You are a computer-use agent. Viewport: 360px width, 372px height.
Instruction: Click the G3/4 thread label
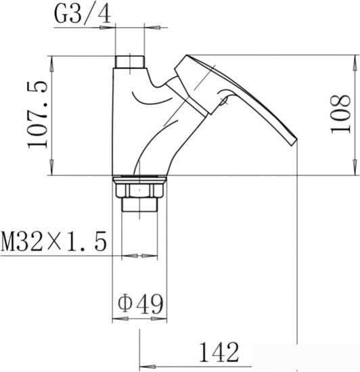pyautogui.click(x=83, y=14)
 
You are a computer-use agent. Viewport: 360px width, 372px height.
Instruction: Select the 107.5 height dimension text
pyautogui.click(x=37, y=115)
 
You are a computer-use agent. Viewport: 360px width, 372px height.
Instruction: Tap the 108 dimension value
pyautogui.click(x=340, y=114)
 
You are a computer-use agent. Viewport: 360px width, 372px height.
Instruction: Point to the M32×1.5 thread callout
pyautogui.click(x=53, y=241)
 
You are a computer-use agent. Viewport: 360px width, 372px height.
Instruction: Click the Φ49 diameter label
pyautogui.click(x=141, y=304)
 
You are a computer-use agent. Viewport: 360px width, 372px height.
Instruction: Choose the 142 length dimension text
pyautogui.click(x=219, y=352)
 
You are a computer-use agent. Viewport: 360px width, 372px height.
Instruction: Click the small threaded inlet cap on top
pyautogui.click(x=130, y=62)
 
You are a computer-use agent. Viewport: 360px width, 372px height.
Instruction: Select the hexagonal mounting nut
pyautogui.click(x=139, y=190)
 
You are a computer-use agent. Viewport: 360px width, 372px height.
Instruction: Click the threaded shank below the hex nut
pyautogui.click(x=139, y=204)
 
